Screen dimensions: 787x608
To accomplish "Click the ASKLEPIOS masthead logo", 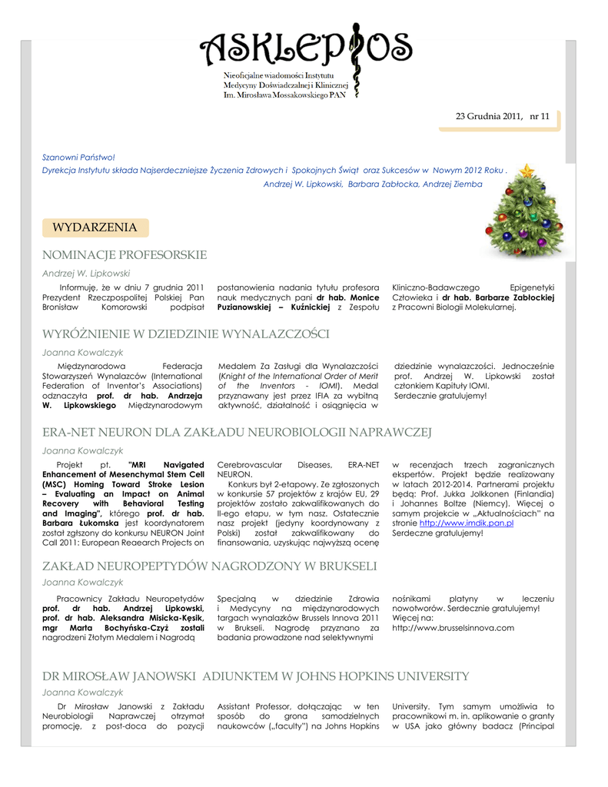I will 305,50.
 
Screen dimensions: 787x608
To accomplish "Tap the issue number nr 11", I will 539,117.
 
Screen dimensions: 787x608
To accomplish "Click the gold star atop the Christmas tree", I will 527,171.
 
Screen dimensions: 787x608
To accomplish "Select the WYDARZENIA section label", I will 95,227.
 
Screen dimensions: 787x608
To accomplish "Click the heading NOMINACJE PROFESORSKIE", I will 124,254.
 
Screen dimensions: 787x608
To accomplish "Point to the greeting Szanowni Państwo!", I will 78,157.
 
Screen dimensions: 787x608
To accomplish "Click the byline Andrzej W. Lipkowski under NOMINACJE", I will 85,272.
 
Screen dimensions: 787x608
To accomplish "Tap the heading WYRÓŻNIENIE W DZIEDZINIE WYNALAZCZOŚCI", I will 185,334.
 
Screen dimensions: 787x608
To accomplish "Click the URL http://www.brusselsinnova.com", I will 453,628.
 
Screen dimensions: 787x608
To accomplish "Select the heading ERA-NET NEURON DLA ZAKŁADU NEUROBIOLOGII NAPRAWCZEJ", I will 237,433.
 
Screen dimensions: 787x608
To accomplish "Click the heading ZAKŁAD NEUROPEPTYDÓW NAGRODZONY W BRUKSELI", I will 209,566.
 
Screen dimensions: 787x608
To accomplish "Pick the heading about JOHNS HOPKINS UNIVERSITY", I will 255,676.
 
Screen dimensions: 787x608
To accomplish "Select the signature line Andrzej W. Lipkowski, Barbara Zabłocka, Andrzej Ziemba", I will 384,184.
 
